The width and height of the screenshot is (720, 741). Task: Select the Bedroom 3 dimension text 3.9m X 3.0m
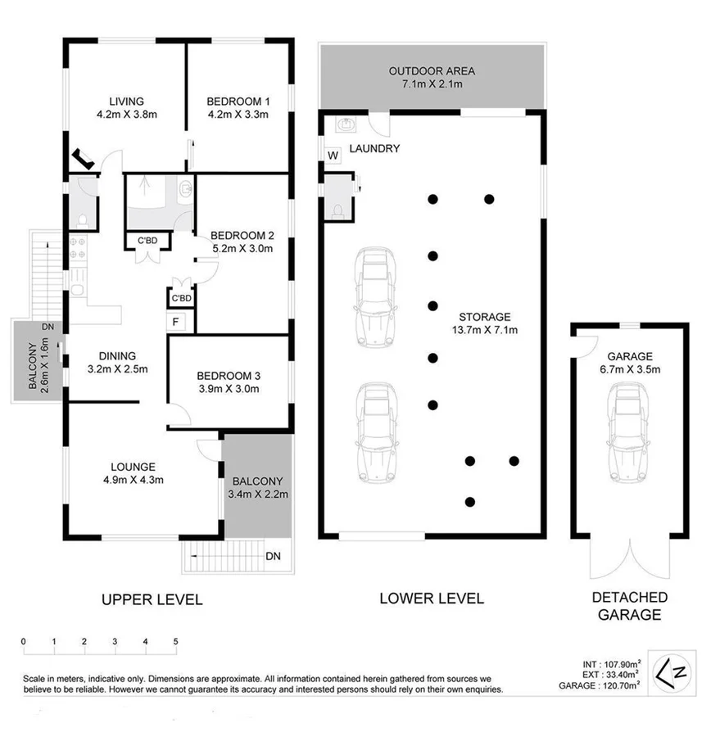(229, 389)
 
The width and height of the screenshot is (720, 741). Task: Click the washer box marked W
(333, 156)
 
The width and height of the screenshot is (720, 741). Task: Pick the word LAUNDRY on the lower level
(374, 148)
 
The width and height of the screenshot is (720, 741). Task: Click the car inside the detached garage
(629, 422)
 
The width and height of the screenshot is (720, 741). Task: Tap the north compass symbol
(680, 669)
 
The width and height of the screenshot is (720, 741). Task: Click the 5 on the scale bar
(175, 641)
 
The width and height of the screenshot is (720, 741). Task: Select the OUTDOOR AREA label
(432, 71)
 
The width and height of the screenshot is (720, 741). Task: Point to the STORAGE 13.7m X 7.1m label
(484, 323)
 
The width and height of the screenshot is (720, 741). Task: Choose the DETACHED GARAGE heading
(630, 606)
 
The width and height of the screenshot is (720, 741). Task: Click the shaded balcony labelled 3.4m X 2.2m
(257, 487)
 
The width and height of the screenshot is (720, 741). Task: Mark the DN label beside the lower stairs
(273, 557)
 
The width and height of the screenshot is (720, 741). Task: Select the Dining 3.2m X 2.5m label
(117, 362)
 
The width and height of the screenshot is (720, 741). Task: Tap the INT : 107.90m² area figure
(609, 663)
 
